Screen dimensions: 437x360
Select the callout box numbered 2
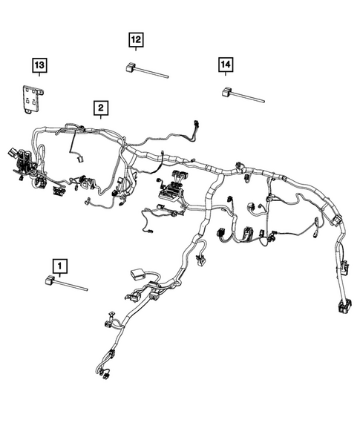coord(99,108)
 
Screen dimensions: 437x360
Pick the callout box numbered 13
coord(39,66)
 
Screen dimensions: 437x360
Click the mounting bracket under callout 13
coord(30,99)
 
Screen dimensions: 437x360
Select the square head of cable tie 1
coord(50,280)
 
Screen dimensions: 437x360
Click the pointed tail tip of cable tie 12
coord(168,77)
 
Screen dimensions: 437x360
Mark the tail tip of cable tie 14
coord(264,100)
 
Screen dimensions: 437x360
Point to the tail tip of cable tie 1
coord(88,289)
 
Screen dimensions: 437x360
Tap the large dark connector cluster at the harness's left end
coord(24,162)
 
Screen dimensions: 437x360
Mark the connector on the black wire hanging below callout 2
coord(79,156)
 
